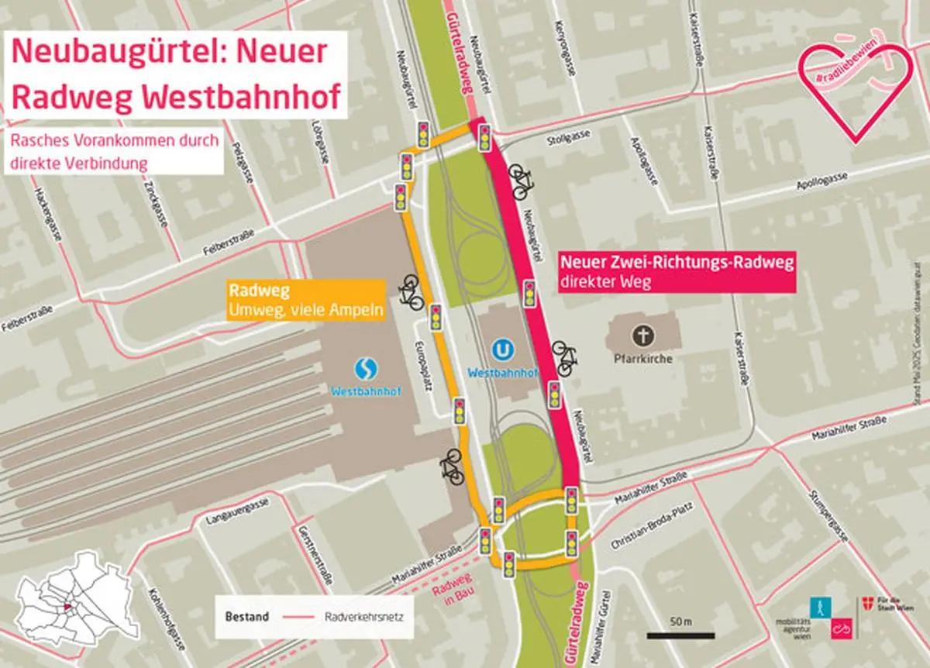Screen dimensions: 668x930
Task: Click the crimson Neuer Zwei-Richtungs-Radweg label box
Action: [x=677, y=272]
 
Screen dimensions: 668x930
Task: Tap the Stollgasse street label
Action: [x=563, y=138]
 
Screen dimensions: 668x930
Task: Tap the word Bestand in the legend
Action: [x=247, y=618]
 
